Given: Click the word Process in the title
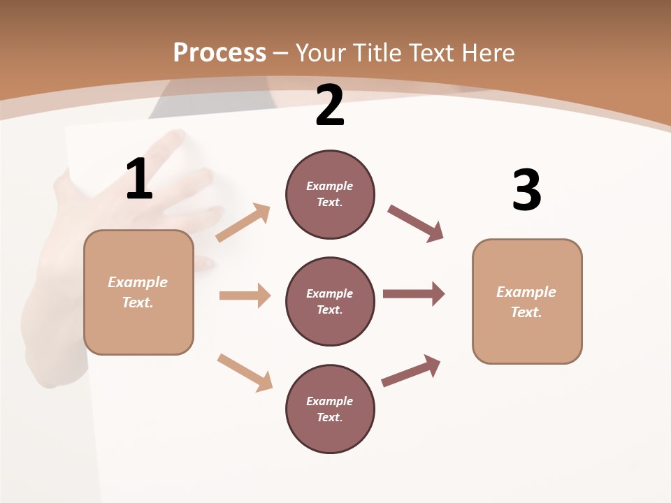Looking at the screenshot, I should coord(219,53).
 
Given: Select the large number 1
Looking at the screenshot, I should coord(139,179).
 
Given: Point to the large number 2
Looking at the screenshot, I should coord(330,105).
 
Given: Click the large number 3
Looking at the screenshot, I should coord(526,190).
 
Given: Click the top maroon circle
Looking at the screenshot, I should coord(330,194).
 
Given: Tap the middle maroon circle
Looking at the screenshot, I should coord(330,301).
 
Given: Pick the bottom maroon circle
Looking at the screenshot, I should coord(330,409).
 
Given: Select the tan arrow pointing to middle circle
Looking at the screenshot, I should coord(245,296).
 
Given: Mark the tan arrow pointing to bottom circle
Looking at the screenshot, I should coord(245,372).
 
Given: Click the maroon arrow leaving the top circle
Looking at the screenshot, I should coord(416,224).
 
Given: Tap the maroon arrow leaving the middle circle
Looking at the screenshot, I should coord(414,293).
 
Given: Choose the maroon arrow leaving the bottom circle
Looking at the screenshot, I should coord(411,371).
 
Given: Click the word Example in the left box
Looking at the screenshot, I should coord(138,282).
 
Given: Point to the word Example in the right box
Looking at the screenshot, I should coord(526,292).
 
